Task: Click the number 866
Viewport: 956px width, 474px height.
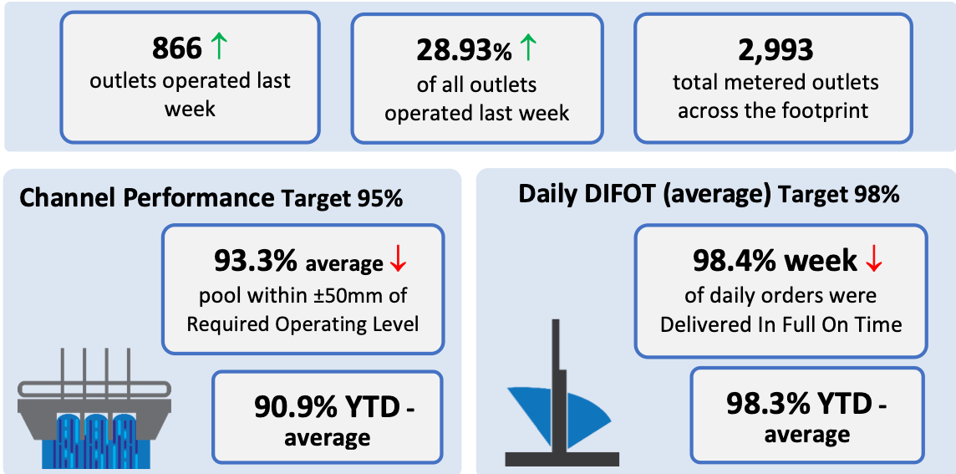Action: (x=176, y=48)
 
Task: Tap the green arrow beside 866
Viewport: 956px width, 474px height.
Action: (x=218, y=48)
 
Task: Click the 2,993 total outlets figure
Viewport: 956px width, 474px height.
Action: (x=775, y=50)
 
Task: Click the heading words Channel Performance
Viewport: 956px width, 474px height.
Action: (x=145, y=199)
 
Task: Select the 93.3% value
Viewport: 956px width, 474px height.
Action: (x=256, y=261)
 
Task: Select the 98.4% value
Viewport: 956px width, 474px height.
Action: (x=734, y=261)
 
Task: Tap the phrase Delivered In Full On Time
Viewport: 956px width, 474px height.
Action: (x=781, y=324)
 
